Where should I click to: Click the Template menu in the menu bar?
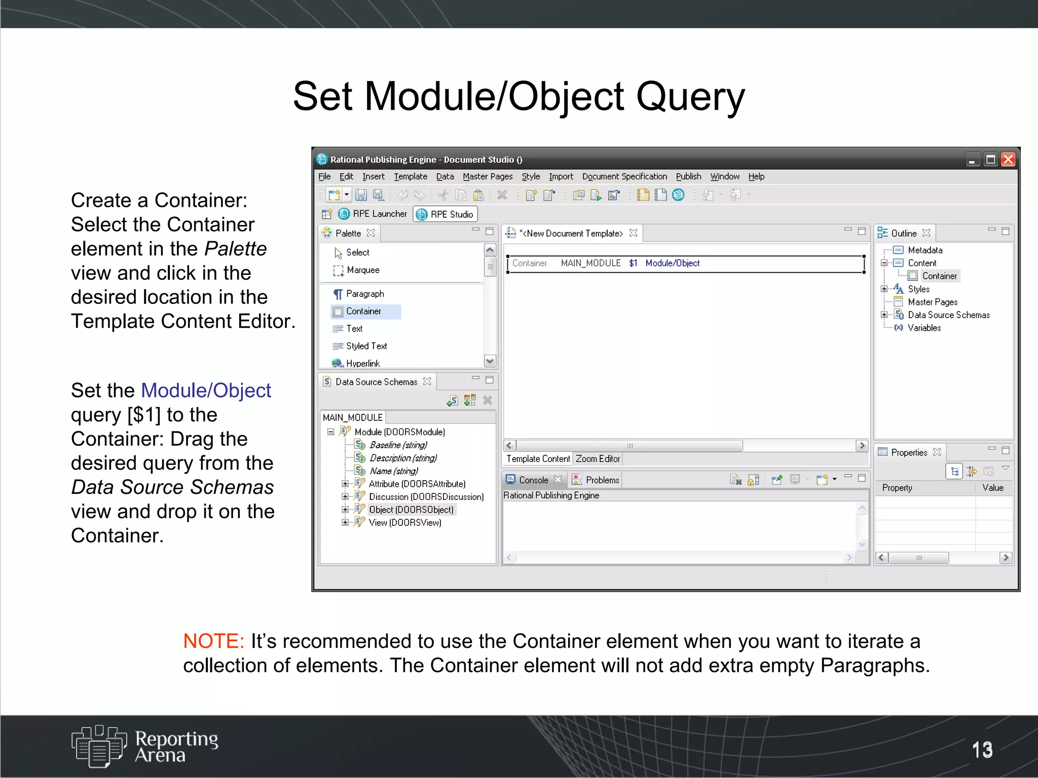coord(410,176)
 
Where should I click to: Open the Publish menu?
coord(688,176)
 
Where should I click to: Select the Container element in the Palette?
coord(363,312)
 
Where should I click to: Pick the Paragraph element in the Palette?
coord(364,294)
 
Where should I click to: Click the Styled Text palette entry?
coord(366,346)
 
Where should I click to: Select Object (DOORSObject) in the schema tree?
coord(411,510)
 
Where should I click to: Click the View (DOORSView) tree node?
coord(404,523)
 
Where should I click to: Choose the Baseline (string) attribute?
coord(398,445)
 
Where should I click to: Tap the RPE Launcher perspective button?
coord(373,214)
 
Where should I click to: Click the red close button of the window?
coord(1008,160)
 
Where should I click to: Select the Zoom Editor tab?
coord(598,459)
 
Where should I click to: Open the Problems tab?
coord(602,480)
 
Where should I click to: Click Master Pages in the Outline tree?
coord(932,302)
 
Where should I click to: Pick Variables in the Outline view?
coord(924,328)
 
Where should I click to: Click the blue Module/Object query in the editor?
coord(672,263)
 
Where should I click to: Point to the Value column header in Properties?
coord(992,488)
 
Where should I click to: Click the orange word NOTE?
coord(213,641)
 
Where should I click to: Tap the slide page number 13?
coord(982,750)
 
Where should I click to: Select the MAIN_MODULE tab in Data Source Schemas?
coord(353,417)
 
